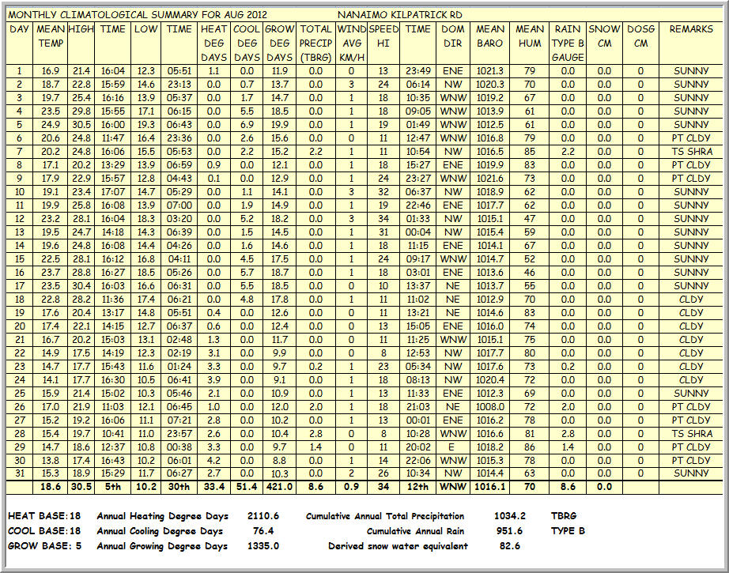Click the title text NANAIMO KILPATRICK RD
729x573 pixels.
pyautogui.click(x=399, y=15)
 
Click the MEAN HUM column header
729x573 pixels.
pyautogui.click(x=530, y=36)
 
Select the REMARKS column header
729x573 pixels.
pyautogui.click(x=692, y=29)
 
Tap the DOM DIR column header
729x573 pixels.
pyautogui.click(x=453, y=36)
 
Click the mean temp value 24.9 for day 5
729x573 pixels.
pyautogui.click(x=51, y=124)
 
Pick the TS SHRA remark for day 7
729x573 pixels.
pyautogui.click(x=692, y=151)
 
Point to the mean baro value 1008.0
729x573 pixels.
pyautogui.click(x=490, y=406)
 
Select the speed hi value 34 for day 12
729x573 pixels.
pyautogui.click(x=383, y=218)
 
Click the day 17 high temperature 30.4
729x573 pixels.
pyautogui.click(x=81, y=285)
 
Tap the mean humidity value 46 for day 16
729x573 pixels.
pyautogui.click(x=530, y=272)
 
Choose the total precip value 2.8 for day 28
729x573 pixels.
pyautogui.click(x=315, y=433)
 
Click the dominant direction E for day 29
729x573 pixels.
pyautogui.click(x=453, y=447)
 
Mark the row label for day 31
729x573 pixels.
pyautogui.click(x=19, y=473)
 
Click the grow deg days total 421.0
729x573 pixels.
pyautogui.click(x=279, y=487)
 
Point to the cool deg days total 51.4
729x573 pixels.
pyautogui.click(x=247, y=487)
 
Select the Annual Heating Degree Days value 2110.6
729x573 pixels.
pyautogui.click(x=263, y=516)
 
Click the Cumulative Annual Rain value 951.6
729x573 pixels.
pyautogui.click(x=510, y=531)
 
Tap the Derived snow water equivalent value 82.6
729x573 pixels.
pyautogui.click(x=510, y=546)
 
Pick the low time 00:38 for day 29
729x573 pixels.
pyautogui.click(x=179, y=447)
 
